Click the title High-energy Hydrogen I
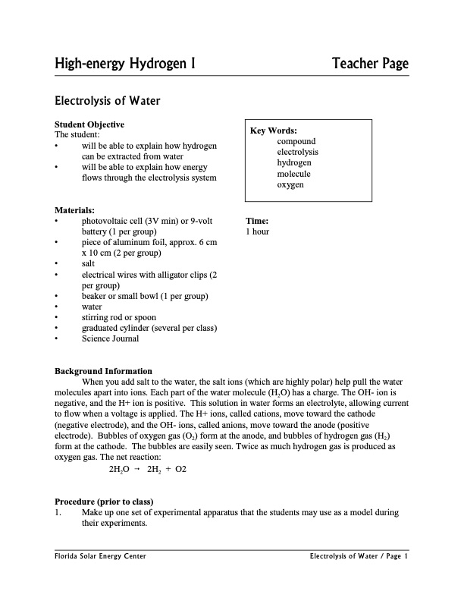tap(126, 65)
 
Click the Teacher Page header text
tap(370, 65)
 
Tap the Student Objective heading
tap(89, 124)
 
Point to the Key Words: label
tap(274, 131)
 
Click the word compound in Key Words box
tap(296, 141)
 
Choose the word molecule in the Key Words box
tap(294, 174)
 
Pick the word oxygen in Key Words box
tap(290, 184)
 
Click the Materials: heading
tap(75, 210)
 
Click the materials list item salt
tap(89, 263)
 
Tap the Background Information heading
tap(104, 371)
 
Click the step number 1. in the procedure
tap(58, 513)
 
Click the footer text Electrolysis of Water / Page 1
tap(359, 557)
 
